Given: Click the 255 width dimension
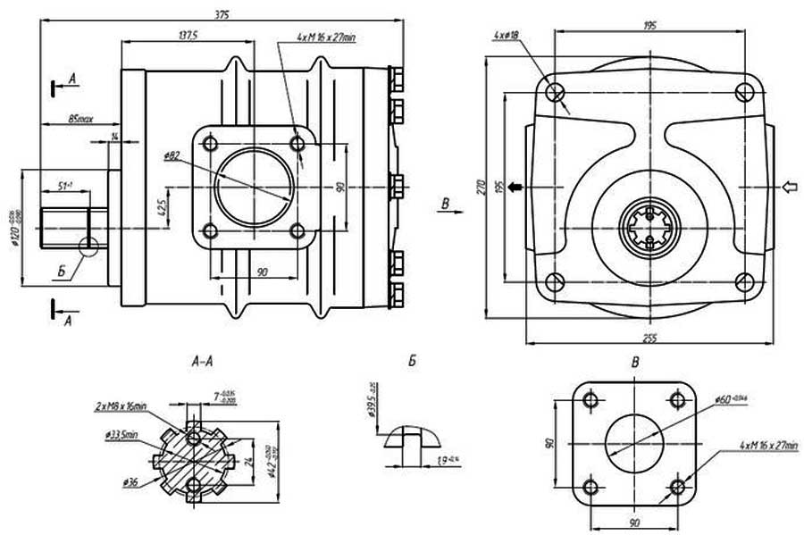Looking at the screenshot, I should (649, 337).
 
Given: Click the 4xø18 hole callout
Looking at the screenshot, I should (507, 35).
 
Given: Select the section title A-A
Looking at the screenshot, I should (202, 364).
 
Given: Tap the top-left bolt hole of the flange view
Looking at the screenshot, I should (555, 90).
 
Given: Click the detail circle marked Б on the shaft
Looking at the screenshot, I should (89, 246).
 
